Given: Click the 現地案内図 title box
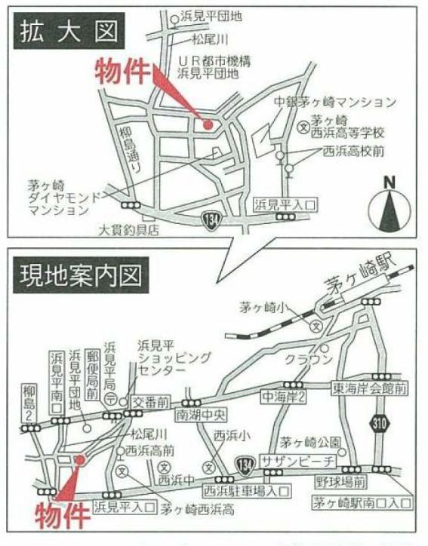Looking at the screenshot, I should tap(79, 275).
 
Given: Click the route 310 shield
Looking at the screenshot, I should tap(380, 423).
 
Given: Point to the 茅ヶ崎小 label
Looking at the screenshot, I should tap(262, 307).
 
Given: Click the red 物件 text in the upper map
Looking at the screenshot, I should tap(122, 72).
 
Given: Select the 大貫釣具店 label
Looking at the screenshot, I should tap(129, 232).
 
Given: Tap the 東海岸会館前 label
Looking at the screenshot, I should tap(369, 389).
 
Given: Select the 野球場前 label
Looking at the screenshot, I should tap(340, 480).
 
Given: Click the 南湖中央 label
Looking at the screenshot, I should tap(202, 415).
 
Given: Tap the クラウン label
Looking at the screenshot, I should tap(308, 360).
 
